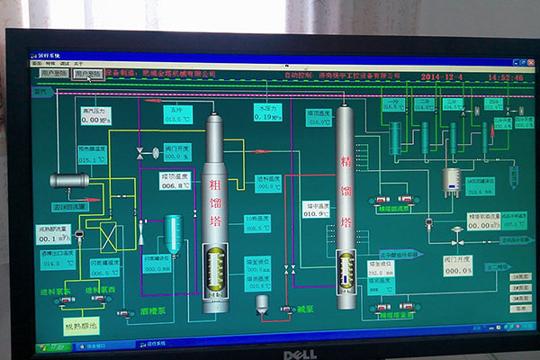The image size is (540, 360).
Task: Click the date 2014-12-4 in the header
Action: tap(440, 77)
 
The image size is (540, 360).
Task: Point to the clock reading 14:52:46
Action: tap(505, 78)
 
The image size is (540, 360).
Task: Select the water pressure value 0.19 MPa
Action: tap(257, 117)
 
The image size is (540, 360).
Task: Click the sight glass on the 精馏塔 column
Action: tap(345, 268)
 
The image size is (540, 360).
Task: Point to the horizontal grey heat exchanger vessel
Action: tap(69, 180)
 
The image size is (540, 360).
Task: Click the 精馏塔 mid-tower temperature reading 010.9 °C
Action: tap(315, 214)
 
